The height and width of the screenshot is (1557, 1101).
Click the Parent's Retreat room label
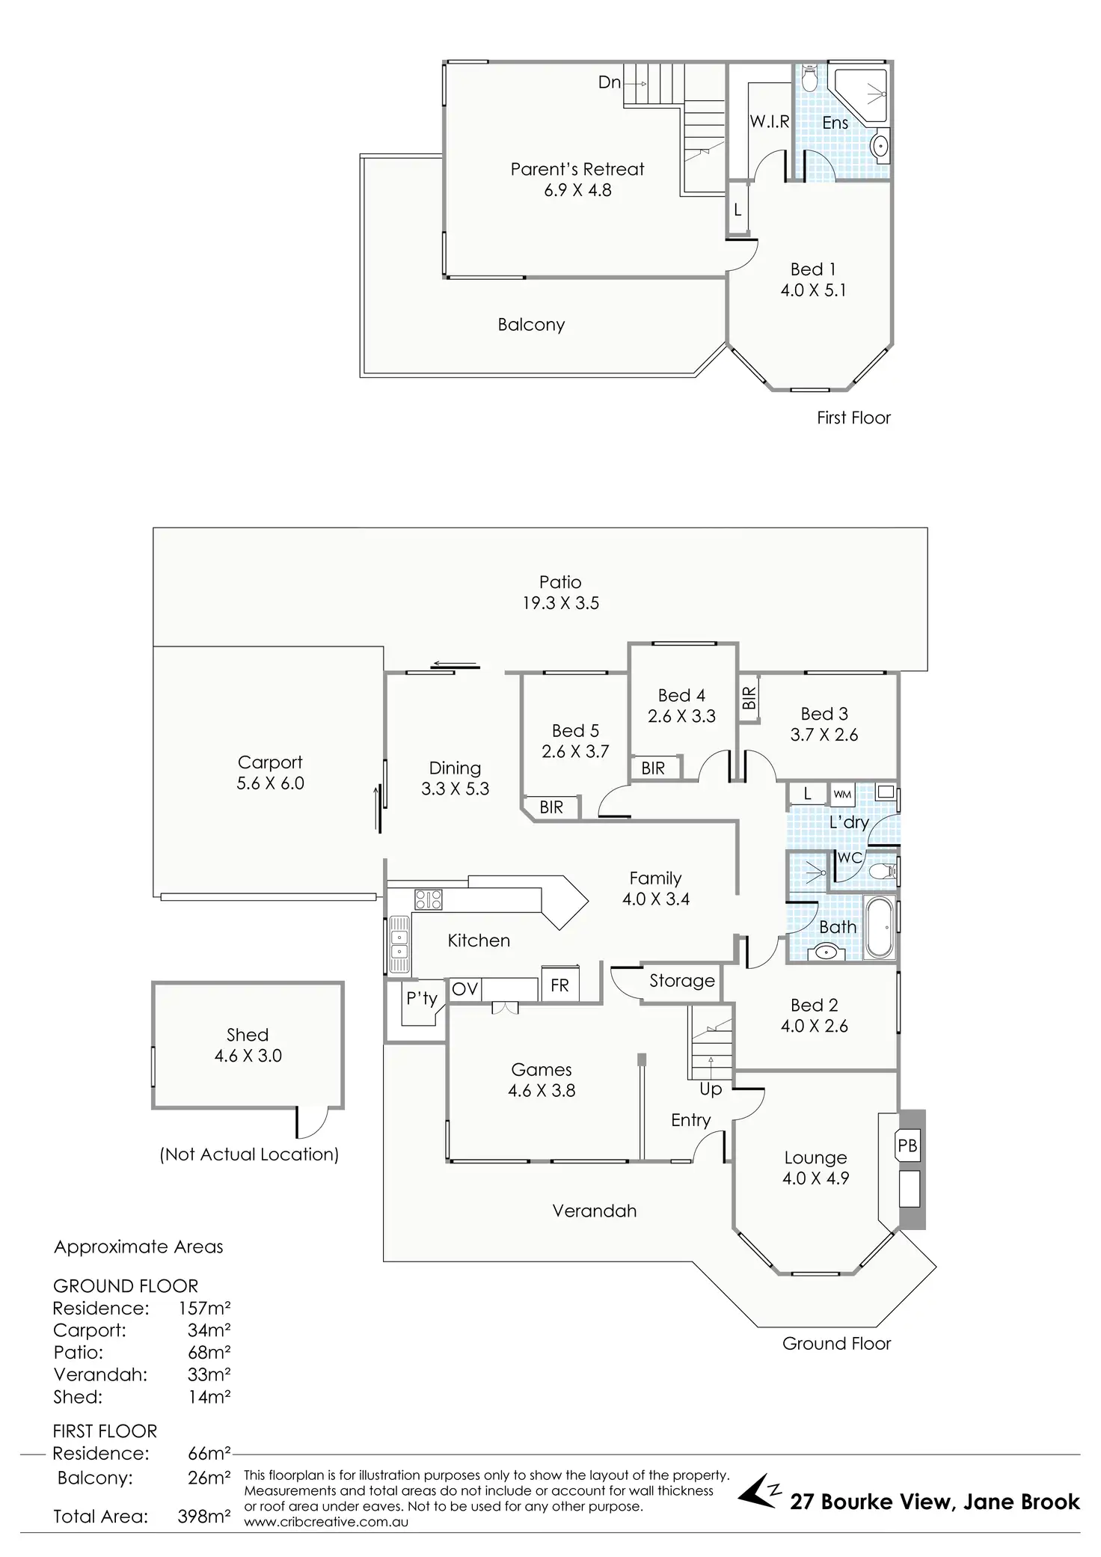577,170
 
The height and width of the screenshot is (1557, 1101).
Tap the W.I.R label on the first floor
770,121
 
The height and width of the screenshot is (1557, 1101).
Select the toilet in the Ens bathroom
809,78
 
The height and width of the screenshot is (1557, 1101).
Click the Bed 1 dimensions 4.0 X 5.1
813,290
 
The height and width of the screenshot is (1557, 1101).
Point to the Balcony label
531,325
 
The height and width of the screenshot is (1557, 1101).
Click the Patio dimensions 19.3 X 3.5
560,603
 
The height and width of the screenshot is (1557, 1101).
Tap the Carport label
270,762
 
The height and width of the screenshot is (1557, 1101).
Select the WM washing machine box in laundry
842,794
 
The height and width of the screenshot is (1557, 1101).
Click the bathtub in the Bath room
880,927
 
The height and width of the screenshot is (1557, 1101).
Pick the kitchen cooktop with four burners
429,898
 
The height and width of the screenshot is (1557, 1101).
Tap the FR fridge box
559,985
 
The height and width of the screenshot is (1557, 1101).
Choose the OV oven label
464,989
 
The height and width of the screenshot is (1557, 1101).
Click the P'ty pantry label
421,998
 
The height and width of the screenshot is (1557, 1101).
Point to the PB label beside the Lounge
907,1145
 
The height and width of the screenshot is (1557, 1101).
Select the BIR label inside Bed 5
551,807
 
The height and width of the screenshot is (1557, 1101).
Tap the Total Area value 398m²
203,1517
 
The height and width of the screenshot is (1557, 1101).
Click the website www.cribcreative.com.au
326,1522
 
